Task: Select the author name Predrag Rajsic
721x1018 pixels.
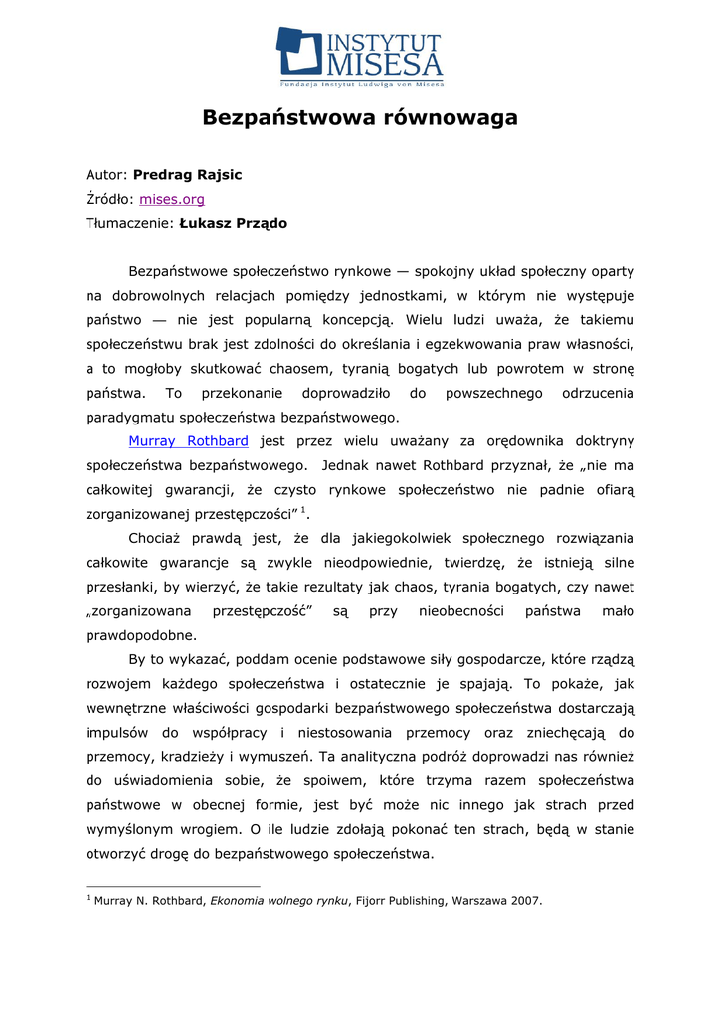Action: [x=188, y=175]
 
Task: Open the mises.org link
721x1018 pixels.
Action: [x=172, y=199]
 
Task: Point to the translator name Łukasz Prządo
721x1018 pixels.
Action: [x=234, y=223]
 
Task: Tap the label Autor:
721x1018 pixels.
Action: [x=107, y=175]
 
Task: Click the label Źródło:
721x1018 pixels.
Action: [x=109, y=199]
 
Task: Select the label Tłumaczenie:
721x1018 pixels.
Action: [x=130, y=223]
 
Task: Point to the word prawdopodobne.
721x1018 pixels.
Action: [x=141, y=634]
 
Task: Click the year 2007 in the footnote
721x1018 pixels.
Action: [x=525, y=901]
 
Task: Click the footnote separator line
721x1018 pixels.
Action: [x=173, y=886]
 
